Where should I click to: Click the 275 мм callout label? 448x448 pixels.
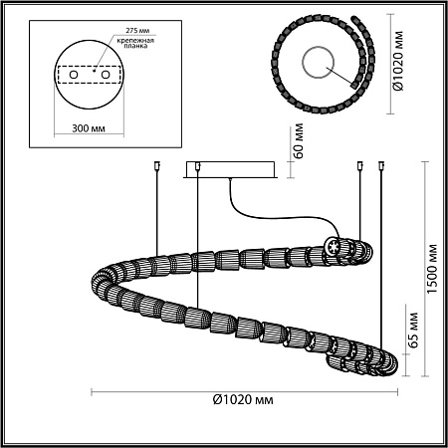(137, 31)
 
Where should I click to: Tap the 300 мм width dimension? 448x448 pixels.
(89, 128)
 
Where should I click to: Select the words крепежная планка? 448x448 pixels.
(135, 43)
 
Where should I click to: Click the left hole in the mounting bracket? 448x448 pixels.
(74, 75)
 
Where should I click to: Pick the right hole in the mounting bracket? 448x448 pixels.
(106, 75)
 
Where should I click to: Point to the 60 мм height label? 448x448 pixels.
(298, 141)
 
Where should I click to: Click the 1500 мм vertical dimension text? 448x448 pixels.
(432, 269)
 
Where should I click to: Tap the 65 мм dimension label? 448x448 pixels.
(412, 330)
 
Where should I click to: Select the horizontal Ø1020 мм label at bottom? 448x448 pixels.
(243, 399)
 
